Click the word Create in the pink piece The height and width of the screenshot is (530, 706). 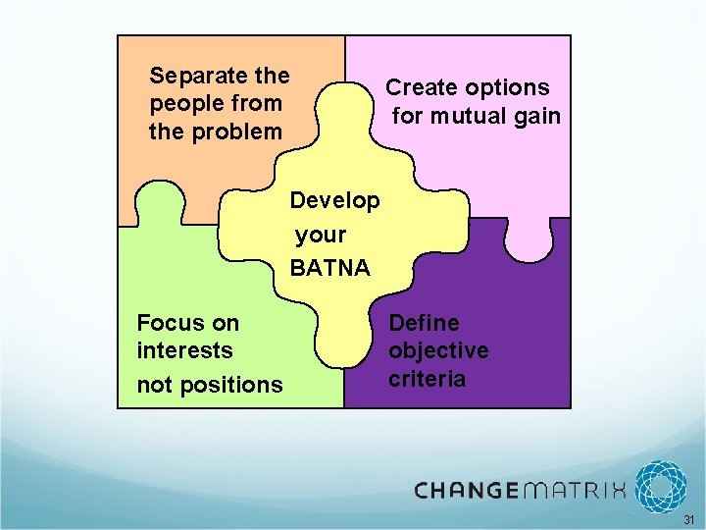[x=423, y=88]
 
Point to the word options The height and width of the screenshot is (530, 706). [x=508, y=88]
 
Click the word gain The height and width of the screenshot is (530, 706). [x=537, y=116]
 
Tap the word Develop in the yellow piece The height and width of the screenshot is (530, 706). [x=334, y=200]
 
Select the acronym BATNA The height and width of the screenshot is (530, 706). [x=329, y=267]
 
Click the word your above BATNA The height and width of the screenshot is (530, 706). [x=321, y=235]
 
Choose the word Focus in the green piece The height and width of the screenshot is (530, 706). [x=169, y=323]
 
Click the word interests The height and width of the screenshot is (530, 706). [x=184, y=350]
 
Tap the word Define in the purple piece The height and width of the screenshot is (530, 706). [x=424, y=323]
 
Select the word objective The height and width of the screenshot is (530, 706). [x=438, y=350]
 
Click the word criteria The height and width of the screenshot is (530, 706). [x=427, y=379]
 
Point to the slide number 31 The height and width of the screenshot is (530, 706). [x=688, y=519]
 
